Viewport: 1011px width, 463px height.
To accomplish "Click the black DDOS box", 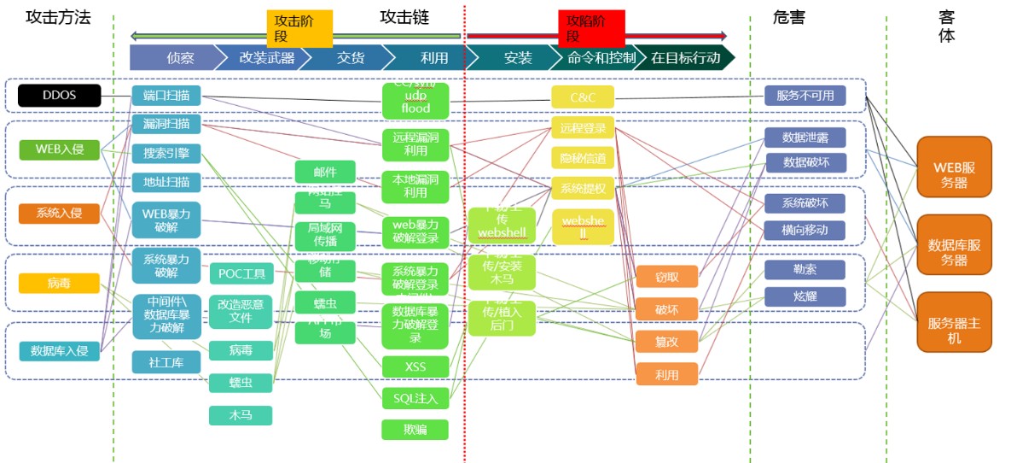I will coord(59,95).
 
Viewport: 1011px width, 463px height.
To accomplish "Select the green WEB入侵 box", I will coord(59,149).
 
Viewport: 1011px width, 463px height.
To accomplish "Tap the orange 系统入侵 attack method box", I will coord(59,213).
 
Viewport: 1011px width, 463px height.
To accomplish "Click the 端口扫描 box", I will coord(166,95).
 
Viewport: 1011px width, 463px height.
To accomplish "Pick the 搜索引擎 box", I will coord(166,154).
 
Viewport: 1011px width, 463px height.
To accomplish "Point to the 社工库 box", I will coord(166,362).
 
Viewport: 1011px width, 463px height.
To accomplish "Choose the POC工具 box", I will coord(241,273).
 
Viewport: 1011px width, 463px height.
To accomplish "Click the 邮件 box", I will coord(324,171).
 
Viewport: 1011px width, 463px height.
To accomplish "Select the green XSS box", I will coord(415,366).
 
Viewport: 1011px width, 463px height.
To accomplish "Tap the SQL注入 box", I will coord(415,397).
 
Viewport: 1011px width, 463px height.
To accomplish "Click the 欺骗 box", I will coord(415,429).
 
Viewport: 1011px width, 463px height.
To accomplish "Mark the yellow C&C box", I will coord(582,97).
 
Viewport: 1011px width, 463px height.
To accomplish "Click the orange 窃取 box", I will coord(666,276).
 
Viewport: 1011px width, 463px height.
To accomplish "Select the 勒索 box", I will coord(804,269).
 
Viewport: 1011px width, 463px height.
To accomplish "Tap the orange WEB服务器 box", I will coord(954,166).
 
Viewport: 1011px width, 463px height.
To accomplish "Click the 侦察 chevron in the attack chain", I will coord(179,57).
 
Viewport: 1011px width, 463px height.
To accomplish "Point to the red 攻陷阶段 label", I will coord(591,28).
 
